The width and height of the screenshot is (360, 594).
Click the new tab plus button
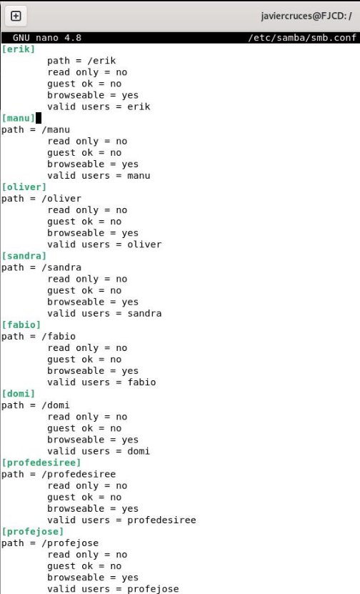(x=16, y=16)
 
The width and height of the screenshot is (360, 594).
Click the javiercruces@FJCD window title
(x=306, y=16)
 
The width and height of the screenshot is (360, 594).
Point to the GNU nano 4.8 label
(x=47, y=38)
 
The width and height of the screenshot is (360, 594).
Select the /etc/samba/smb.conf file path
(x=302, y=38)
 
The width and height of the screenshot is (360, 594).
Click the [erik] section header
(x=18, y=49)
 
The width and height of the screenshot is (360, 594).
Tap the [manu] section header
(x=18, y=118)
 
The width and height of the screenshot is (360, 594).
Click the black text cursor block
(x=39, y=118)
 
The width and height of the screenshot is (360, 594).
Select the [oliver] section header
(x=24, y=187)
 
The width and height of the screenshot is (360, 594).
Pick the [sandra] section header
(x=24, y=256)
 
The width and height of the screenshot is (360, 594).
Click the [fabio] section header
(x=21, y=325)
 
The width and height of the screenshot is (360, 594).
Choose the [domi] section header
(x=18, y=394)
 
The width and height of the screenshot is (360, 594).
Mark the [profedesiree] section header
(x=41, y=463)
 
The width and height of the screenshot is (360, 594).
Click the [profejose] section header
(x=33, y=532)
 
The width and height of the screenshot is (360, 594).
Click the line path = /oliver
(x=41, y=199)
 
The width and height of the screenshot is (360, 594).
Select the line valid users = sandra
(x=104, y=314)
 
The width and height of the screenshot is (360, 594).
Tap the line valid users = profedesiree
(x=122, y=520)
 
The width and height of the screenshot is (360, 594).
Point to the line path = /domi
(x=36, y=405)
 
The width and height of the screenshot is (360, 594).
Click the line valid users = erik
(x=99, y=107)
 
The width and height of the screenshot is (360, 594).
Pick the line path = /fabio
(x=39, y=337)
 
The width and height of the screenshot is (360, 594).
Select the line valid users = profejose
(x=113, y=589)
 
